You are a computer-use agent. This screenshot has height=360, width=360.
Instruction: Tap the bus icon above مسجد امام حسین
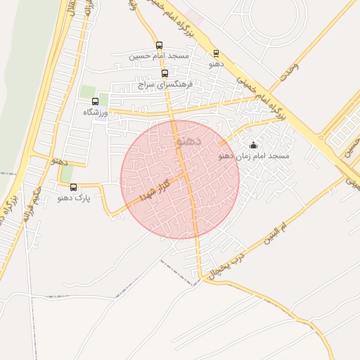159,45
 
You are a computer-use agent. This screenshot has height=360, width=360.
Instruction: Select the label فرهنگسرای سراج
165,83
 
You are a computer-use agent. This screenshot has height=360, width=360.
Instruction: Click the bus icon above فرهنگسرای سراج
165,73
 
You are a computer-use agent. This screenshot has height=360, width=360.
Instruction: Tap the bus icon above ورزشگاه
95,102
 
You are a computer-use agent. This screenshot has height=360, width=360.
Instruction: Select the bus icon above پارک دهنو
74,187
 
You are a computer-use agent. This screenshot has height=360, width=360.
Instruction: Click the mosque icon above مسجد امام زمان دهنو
254,146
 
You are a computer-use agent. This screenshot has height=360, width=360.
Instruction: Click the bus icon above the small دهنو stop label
216,53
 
